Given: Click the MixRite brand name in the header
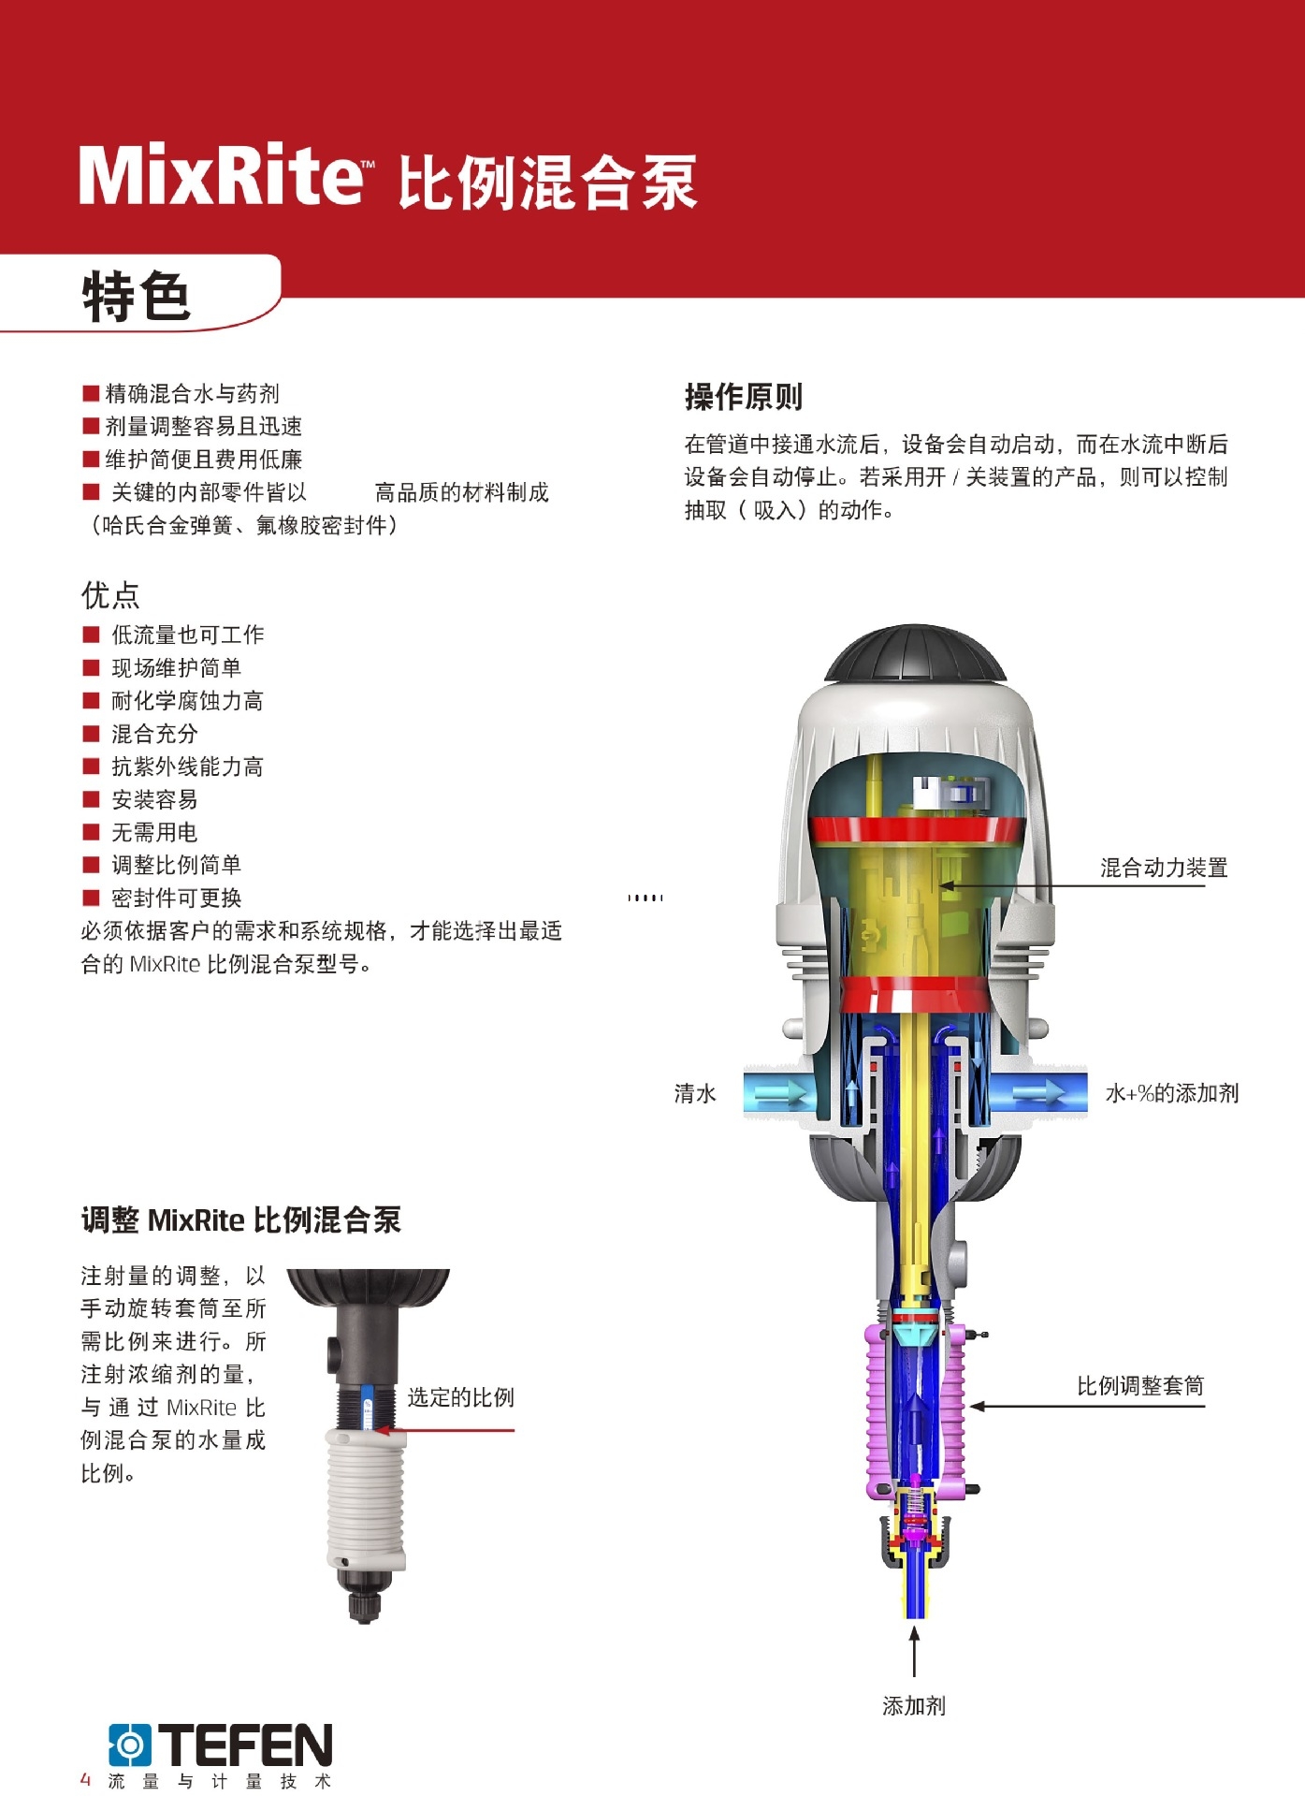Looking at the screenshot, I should click(x=221, y=176).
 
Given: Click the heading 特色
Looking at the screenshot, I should click(x=138, y=297).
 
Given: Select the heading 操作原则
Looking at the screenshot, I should click(x=743, y=397).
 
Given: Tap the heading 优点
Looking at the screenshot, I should click(x=110, y=595).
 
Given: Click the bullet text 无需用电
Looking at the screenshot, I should click(x=154, y=832).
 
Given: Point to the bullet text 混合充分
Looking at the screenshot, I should click(x=154, y=734).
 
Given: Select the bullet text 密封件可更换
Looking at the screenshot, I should click(x=176, y=898).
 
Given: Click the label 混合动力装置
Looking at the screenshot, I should click(x=1163, y=868).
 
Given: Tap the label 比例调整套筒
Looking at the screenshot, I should click(x=1139, y=1386).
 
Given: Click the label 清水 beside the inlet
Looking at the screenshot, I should click(x=695, y=1093).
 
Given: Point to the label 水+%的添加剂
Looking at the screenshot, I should click(x=1171, y=1093).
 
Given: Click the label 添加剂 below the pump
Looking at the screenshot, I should click(x=914, y=1706).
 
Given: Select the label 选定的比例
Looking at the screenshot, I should click(x=460, y=1397).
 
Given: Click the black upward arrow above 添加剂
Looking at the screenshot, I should click(x=914, y=1651).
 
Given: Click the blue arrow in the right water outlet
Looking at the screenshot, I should click(x=1040, y=1092).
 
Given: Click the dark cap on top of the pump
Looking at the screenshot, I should click(x=915, y=654).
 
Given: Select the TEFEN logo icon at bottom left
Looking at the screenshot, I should click(x=130, y=1745).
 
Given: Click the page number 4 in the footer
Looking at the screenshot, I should click(x=86, y=1779).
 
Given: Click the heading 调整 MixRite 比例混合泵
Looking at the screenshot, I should click(x=240, y=1220).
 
